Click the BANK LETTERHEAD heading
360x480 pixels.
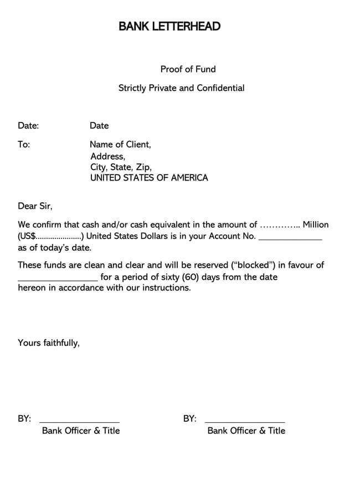point(169,26)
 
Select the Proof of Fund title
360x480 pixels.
point(188,69)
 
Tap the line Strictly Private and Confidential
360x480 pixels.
point(181,88)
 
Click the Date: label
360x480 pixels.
point(28,126)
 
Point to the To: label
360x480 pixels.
point(24,145)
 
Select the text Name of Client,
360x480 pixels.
point(120,145)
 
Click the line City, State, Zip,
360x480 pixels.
point(121,167)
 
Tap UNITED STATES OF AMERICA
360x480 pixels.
point(149,178)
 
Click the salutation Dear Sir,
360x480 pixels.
point(35,206)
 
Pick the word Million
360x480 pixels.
point(315,225)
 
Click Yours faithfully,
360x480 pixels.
point(49,343)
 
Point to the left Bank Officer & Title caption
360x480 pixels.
point(81,431)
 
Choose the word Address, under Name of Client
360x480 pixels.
point(107,156)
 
